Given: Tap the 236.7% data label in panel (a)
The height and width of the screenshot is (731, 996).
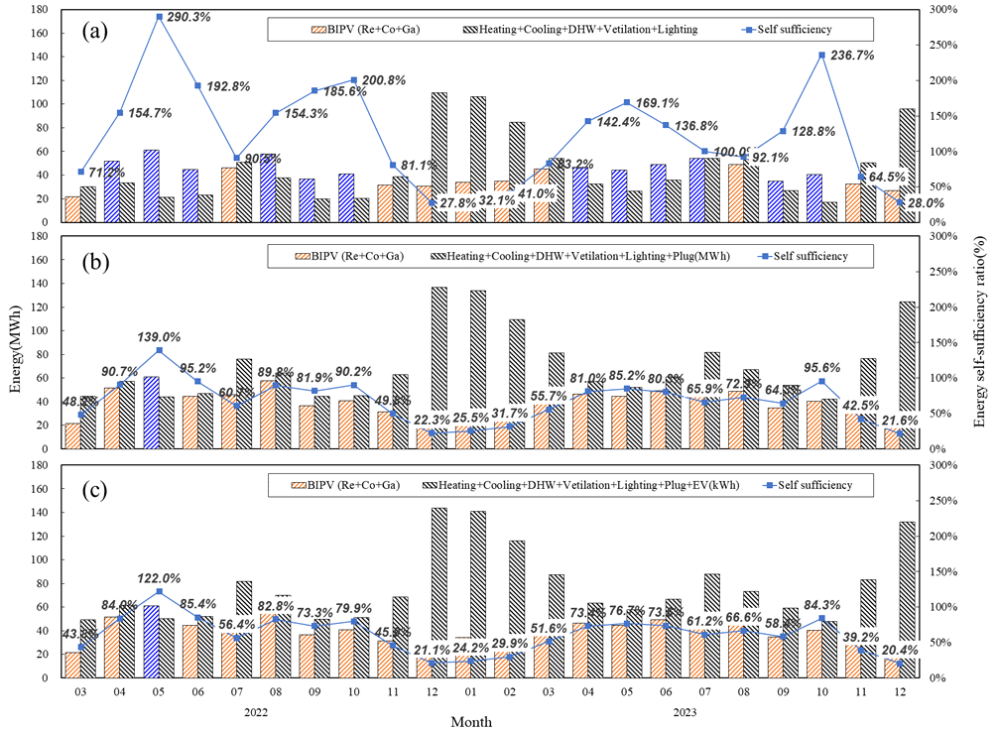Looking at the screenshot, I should click(x=849, y=56).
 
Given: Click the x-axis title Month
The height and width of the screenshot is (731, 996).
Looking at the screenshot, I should click(x=471, y=722).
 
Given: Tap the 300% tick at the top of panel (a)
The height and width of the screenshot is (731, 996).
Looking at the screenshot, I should click(x=938, y=10).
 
